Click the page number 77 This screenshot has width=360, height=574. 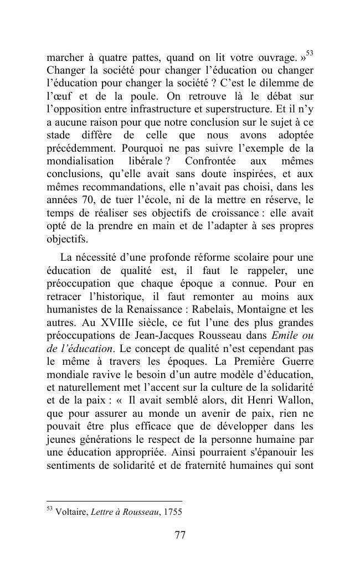[179, 535]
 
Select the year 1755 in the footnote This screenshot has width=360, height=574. [172, 512]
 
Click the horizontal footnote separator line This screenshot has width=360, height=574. [114, 501]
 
